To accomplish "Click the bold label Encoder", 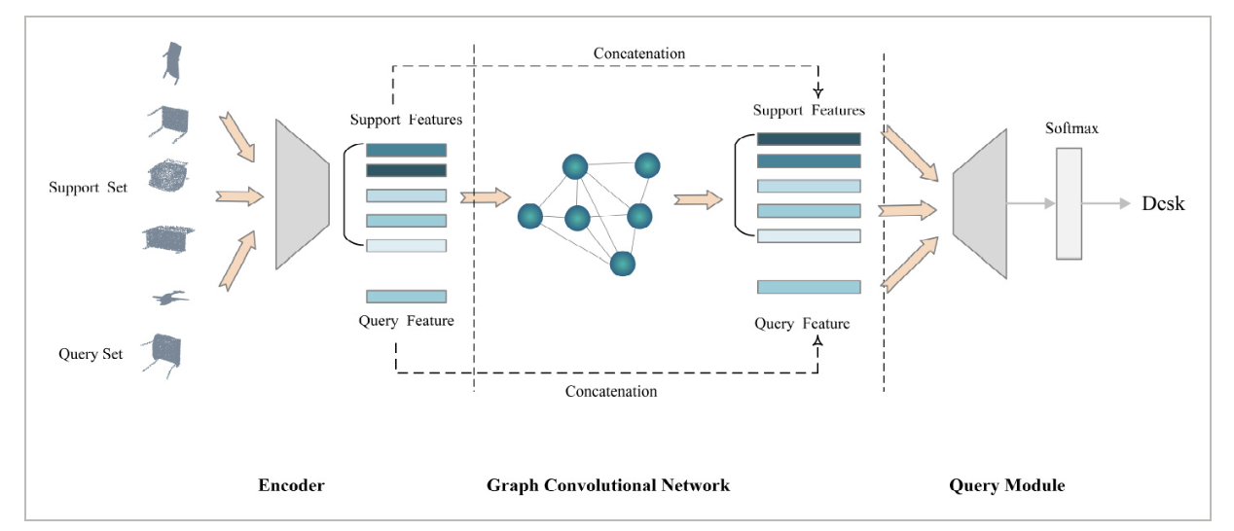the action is pos(291,484).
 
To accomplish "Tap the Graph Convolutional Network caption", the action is pos(607,484).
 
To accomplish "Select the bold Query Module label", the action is pos(1006,484).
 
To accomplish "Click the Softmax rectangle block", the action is pos(1069,203).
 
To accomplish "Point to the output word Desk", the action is pos(1163,203).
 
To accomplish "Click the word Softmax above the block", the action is pos(1071,128).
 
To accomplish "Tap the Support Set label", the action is pos(89,188).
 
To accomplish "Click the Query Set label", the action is pos(91,354).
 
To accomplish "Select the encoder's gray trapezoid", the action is pos(303,195).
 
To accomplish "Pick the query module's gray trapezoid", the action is pos(980,203).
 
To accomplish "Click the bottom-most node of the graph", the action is pos(623,264).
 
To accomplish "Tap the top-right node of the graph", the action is pos(647,165).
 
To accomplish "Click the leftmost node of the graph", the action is pos(530,216).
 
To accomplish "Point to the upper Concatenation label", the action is pos(639,53).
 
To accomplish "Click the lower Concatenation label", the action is pos(611,391).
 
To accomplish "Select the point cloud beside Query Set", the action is pos(163,354).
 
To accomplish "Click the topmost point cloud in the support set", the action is pos(172,63).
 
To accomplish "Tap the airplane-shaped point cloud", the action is pos(170,298).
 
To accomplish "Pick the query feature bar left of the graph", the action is pos(407,297).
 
